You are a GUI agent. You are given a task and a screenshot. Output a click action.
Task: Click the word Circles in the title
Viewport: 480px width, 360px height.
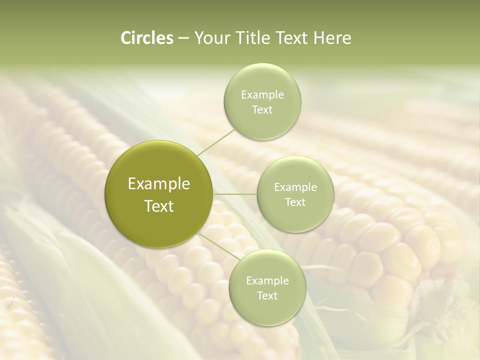point(147,38)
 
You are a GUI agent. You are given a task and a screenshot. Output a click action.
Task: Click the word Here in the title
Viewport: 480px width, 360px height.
point(332,38)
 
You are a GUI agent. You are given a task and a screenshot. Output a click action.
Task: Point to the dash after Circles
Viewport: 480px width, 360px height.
point(183,38)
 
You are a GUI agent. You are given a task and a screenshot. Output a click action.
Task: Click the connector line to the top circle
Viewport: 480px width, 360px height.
point(216,142)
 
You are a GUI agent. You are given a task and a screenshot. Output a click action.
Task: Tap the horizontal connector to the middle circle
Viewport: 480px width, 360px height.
point(235,194)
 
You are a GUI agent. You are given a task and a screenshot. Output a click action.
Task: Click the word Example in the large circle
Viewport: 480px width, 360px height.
point(159,184)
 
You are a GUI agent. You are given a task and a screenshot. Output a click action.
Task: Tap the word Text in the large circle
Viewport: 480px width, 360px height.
point(159,206)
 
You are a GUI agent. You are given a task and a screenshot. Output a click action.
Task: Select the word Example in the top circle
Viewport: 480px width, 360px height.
point(262,95)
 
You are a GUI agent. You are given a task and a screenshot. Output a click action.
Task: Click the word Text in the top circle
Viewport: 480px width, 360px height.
point(262,110)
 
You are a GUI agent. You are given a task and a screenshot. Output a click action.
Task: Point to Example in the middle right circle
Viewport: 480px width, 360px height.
point(295,187)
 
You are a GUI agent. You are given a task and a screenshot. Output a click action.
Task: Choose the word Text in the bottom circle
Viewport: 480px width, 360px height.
point(267,295)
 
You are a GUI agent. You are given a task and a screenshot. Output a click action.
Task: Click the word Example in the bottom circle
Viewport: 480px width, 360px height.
point(267,280)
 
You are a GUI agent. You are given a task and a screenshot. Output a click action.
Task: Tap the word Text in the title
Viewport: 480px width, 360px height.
point(292,38)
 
